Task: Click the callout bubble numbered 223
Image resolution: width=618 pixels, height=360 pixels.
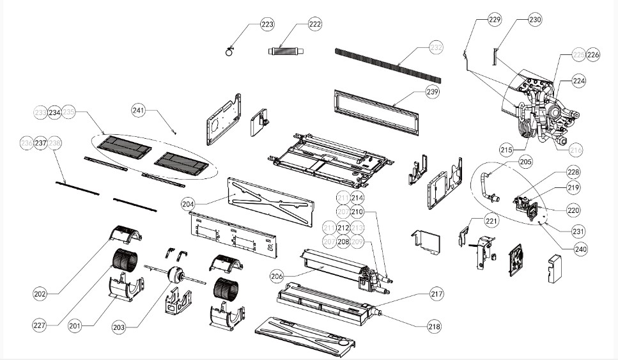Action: tap(267, 24)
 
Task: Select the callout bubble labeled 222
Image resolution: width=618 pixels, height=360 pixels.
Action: tap(315, 24)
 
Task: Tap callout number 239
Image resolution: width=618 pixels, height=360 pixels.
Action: tap(433, 92)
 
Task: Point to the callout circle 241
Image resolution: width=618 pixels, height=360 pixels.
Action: tap(139, 110)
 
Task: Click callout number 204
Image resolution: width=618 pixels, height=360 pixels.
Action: tap(188, 205)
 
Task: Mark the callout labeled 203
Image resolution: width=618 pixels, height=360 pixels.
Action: tap(118, 327)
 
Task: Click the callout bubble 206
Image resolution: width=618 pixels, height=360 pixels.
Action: tap(277, 276)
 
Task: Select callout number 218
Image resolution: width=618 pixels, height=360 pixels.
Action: tap(435, 326)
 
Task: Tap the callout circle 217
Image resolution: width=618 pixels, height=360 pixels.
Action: tap(436, 294)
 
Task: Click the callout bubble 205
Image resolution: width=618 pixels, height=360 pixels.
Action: tap(525, 162)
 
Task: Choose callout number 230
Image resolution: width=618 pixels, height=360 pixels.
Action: tap(535, 20)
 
